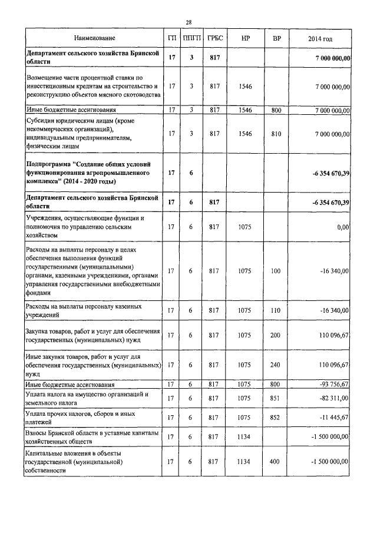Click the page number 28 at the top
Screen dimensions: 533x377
click(188, 22)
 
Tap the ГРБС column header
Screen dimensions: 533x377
click(214, 38)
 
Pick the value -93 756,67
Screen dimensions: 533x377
click(333, 385)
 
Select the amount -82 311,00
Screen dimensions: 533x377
click(333, 398)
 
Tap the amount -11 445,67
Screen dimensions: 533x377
click(333, 418)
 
